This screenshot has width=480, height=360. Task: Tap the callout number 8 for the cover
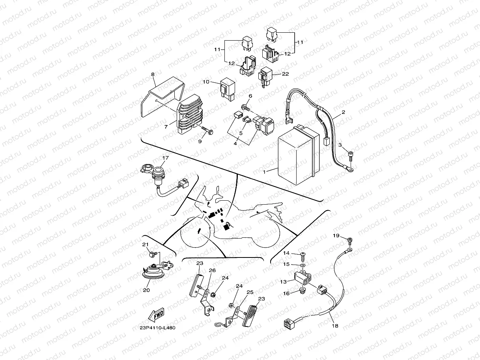click(153, 74)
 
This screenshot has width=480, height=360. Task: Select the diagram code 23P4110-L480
click(157, 328)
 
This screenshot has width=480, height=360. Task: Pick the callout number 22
click(286, 74)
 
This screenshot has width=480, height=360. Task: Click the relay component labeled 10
click(228, 87)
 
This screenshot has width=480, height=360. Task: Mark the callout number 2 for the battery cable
click(343, 112)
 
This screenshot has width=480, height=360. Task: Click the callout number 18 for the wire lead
click(335, 326)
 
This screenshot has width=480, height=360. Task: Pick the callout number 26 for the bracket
click(212, 270)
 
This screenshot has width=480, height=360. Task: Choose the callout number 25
click(249, 292)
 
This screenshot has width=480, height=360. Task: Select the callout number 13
click(284, 282)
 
